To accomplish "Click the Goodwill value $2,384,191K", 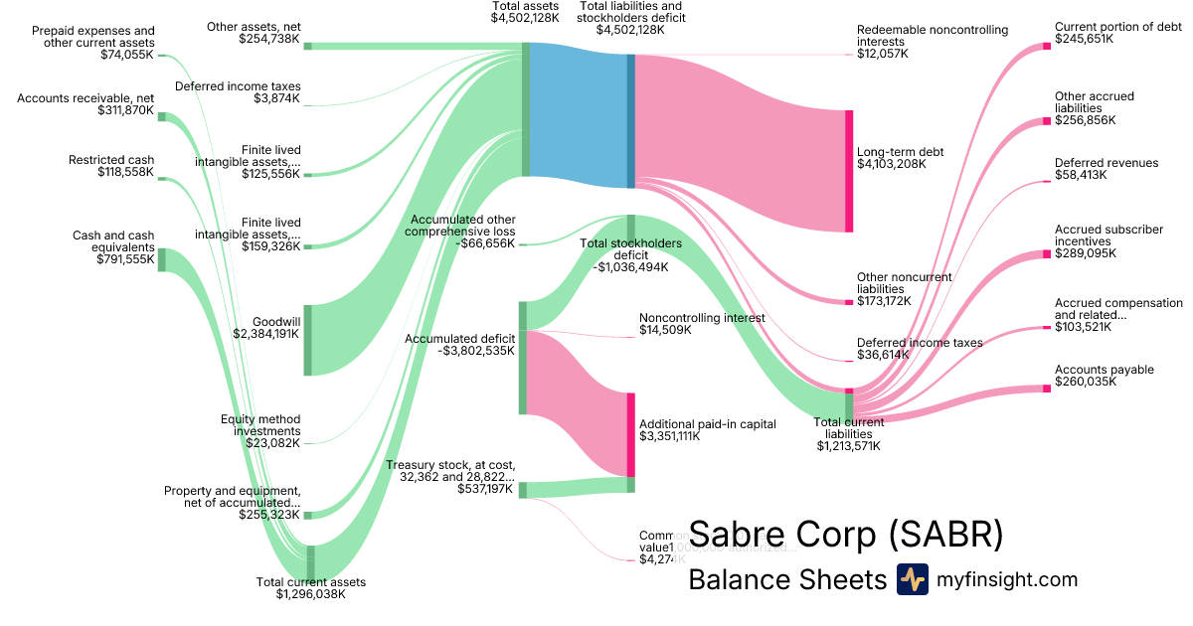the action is (266, 335).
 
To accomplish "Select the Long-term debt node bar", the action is (849, 171).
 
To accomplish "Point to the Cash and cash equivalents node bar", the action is (163, 259).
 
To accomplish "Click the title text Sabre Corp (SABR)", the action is (846, 535).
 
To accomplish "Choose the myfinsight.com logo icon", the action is (912, 579).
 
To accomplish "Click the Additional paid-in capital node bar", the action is (630, 434).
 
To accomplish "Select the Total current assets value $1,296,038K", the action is (311, 595).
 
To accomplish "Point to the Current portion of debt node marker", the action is (1047, 45).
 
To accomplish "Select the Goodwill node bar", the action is (308, 340).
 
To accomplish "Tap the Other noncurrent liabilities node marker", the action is (849, 302).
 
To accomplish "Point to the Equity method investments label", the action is (260, 425).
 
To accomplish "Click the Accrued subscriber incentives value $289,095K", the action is (1086, 253).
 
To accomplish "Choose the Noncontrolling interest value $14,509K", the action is (665, 330).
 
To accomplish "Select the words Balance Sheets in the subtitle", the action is (786, 580).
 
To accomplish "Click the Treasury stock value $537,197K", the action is (485, 489).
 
